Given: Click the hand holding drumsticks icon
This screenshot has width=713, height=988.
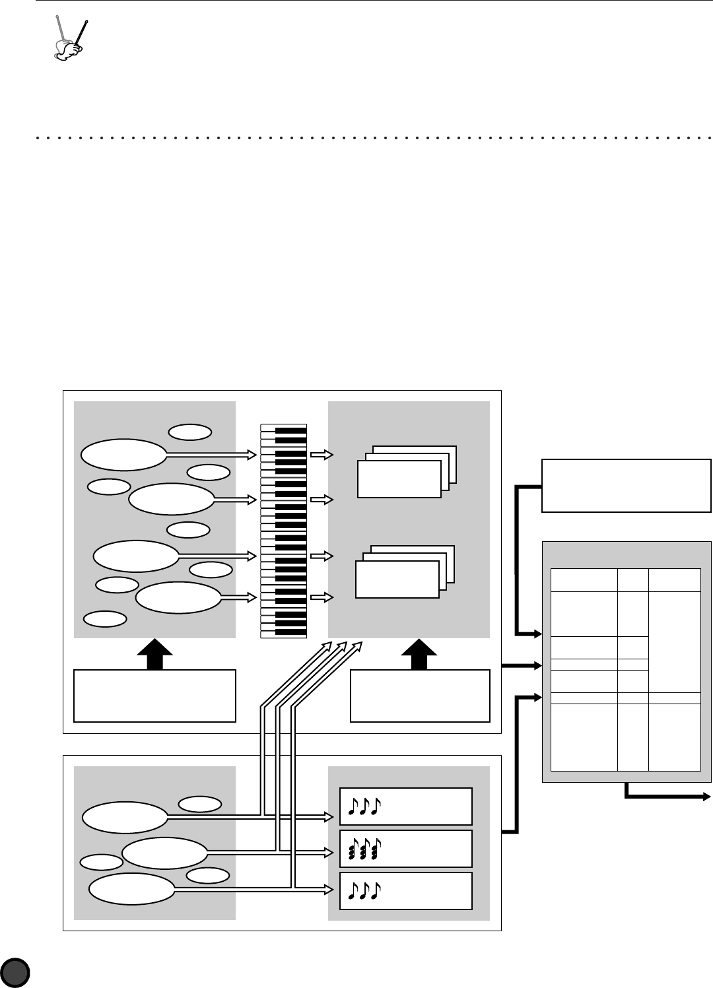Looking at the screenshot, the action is (x=70, y=40).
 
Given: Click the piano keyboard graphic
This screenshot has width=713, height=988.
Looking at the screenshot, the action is (x=284, y=531).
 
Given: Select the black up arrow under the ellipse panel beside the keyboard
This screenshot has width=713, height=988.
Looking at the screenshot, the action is (x=154, y=654).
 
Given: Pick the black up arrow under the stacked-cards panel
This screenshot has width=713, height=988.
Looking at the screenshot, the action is (x=420, y=654).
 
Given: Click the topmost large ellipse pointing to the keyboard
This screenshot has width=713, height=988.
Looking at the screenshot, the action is (x=123, y=455).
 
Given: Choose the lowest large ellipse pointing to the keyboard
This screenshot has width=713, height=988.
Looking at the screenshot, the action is (x=178, y=597).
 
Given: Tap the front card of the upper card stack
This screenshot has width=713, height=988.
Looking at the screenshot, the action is (x=399, y=478).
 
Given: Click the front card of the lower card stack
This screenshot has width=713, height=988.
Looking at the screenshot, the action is (x=397, y=579).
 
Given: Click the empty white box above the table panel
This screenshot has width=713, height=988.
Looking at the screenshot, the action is (x=626, y=485).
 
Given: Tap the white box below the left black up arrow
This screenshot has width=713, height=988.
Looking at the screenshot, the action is (x=154, y=696).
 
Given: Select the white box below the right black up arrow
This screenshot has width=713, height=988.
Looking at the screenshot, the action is (x=420, y=696).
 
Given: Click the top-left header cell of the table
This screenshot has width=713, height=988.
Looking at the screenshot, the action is (x=584, y=579).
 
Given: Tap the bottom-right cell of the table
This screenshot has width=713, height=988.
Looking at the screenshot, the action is (x=674, y=737).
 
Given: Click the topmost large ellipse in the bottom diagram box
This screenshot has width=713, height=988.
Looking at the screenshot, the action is (x=125, y=818).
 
